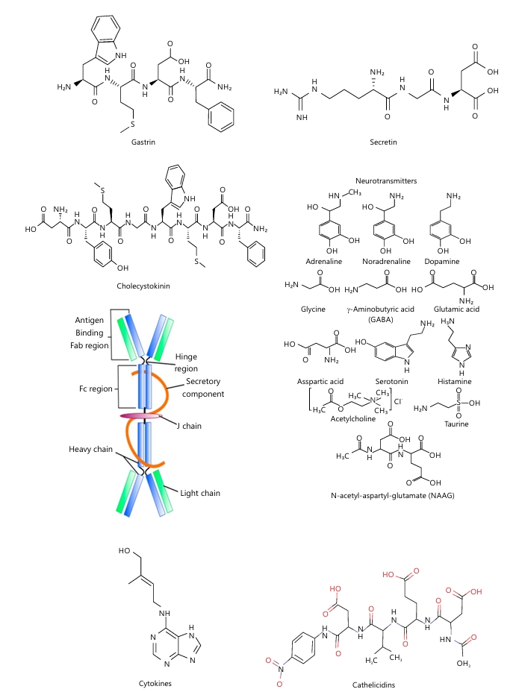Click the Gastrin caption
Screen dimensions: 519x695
pos(143,142)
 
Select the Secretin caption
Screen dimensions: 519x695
pos(383,142)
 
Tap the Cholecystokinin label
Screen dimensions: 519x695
pos(143,286)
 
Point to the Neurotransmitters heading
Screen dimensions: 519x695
pos(386,181)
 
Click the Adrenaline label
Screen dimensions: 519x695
pos(323,262)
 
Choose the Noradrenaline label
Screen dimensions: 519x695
pos(386,262)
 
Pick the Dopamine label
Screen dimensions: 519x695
pos(442,262)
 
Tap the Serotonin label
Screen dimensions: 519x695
pos(391,381)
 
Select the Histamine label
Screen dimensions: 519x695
pos(455,381)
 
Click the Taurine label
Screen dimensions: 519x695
pos(456,424)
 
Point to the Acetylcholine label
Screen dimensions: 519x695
pos(353,419)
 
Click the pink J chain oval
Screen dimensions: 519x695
pos(140,416)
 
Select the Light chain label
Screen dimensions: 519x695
pos(200,493)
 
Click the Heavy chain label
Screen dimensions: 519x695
pos(90,449)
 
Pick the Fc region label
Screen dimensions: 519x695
pos(96,389)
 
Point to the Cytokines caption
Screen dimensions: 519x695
pos(155,684)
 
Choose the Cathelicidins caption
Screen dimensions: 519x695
pos(373,685)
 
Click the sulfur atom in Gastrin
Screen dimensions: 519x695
pos(132,125)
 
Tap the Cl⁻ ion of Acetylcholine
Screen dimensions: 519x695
pos(398,401)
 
